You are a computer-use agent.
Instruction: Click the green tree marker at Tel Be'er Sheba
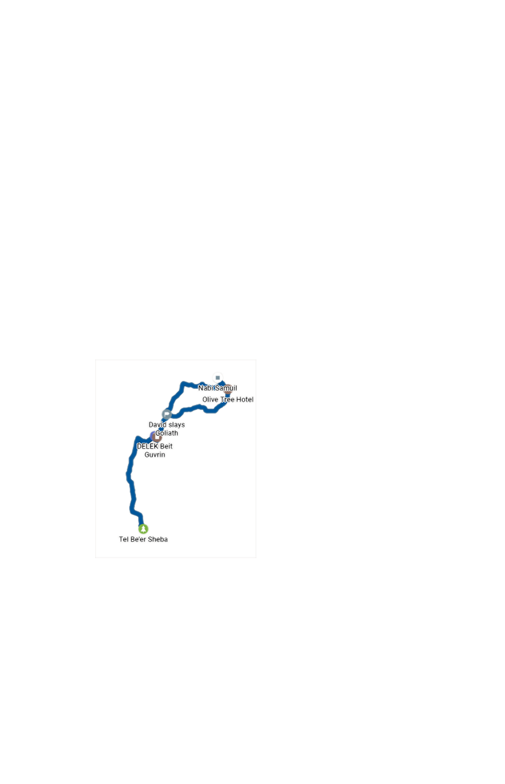pos(143,529)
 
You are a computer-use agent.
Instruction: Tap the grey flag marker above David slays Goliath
pos(166,414)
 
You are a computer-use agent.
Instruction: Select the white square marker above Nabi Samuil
pos(217,378)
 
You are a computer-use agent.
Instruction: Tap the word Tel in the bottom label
pos(123,539)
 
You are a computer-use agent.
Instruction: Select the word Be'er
pos(138,539)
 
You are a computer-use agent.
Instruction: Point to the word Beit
pos(166,446)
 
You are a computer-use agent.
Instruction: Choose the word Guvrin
pos(155,455)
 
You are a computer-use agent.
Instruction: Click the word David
pos(157,425)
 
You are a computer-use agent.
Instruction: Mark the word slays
pos(177,425)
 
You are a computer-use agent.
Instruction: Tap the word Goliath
pos(167,433)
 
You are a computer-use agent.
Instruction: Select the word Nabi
pos(205,388)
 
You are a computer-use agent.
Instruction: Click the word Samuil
pos(226,388)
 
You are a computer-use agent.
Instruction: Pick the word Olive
pos(211,400)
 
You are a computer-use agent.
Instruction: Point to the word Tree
pos(228,400)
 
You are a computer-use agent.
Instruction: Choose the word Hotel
pos(245,400)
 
